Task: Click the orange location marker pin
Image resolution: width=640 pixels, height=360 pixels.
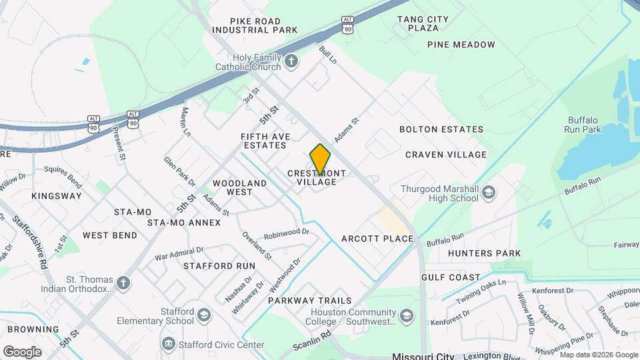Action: pyautogui.click(x=320, y=159)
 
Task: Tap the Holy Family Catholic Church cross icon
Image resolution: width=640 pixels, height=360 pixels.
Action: pyautogui.click(x=291, y=62)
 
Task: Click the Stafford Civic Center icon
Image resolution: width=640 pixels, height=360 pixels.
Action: pyautogui.click(x=168, y=344)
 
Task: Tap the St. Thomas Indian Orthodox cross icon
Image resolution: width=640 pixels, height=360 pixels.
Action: pyautogui.click(x=123, y=284)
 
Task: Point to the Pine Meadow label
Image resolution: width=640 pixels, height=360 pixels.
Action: pyautogui.click(x=462, y=45)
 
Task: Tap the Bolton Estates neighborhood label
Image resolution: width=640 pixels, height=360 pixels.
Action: pyautogui.click(x=441, y=129)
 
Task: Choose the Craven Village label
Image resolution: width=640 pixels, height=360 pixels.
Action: pyautogui.click(x=446, y=155)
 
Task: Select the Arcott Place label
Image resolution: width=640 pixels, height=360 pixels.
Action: pyautogui.click(x=377, y=239)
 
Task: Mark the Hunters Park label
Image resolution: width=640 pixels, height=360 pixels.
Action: pyautogui.click(x=485, y=253)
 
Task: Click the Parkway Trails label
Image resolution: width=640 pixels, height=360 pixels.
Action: pyautogui.click(x=309, y=301)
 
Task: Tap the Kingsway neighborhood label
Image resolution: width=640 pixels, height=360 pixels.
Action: pyautogui.click(x=57, y=196)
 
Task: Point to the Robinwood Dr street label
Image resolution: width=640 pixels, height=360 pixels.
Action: pyautogui.click(x=287, y=233)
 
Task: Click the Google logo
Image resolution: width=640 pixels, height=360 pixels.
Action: pyautogui.click(x=22, y=352)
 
